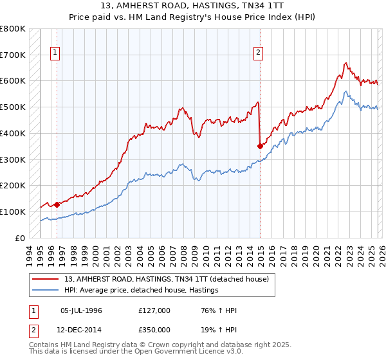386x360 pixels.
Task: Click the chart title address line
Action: [x=193, y=6]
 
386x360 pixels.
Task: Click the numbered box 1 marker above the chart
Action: [x=55, y=53]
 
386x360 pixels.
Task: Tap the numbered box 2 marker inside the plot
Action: [x=258, y=53]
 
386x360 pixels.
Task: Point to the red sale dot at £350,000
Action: [x=260, y=146]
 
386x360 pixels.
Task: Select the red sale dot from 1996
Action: [x=57, y=204]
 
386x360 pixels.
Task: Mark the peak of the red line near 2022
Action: [x=345, y=63]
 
